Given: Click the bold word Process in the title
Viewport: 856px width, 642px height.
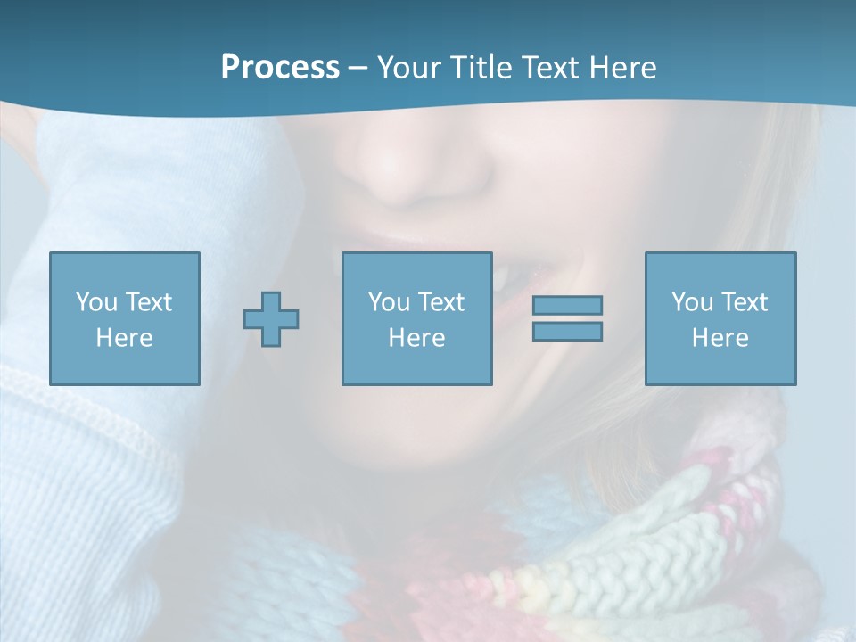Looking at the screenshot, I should [280, 68].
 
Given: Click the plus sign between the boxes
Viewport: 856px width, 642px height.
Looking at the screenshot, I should [271, 318].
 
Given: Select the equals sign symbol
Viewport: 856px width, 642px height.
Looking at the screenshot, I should [567, 318].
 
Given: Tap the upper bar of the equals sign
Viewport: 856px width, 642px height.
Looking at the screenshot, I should [567, 305].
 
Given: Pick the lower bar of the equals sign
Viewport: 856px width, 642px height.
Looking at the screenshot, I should [567, 332].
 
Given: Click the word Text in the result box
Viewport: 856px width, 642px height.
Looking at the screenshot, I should [745, 302].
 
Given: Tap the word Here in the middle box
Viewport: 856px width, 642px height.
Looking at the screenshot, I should [417, 338].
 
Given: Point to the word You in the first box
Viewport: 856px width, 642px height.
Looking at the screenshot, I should [96, 302].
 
